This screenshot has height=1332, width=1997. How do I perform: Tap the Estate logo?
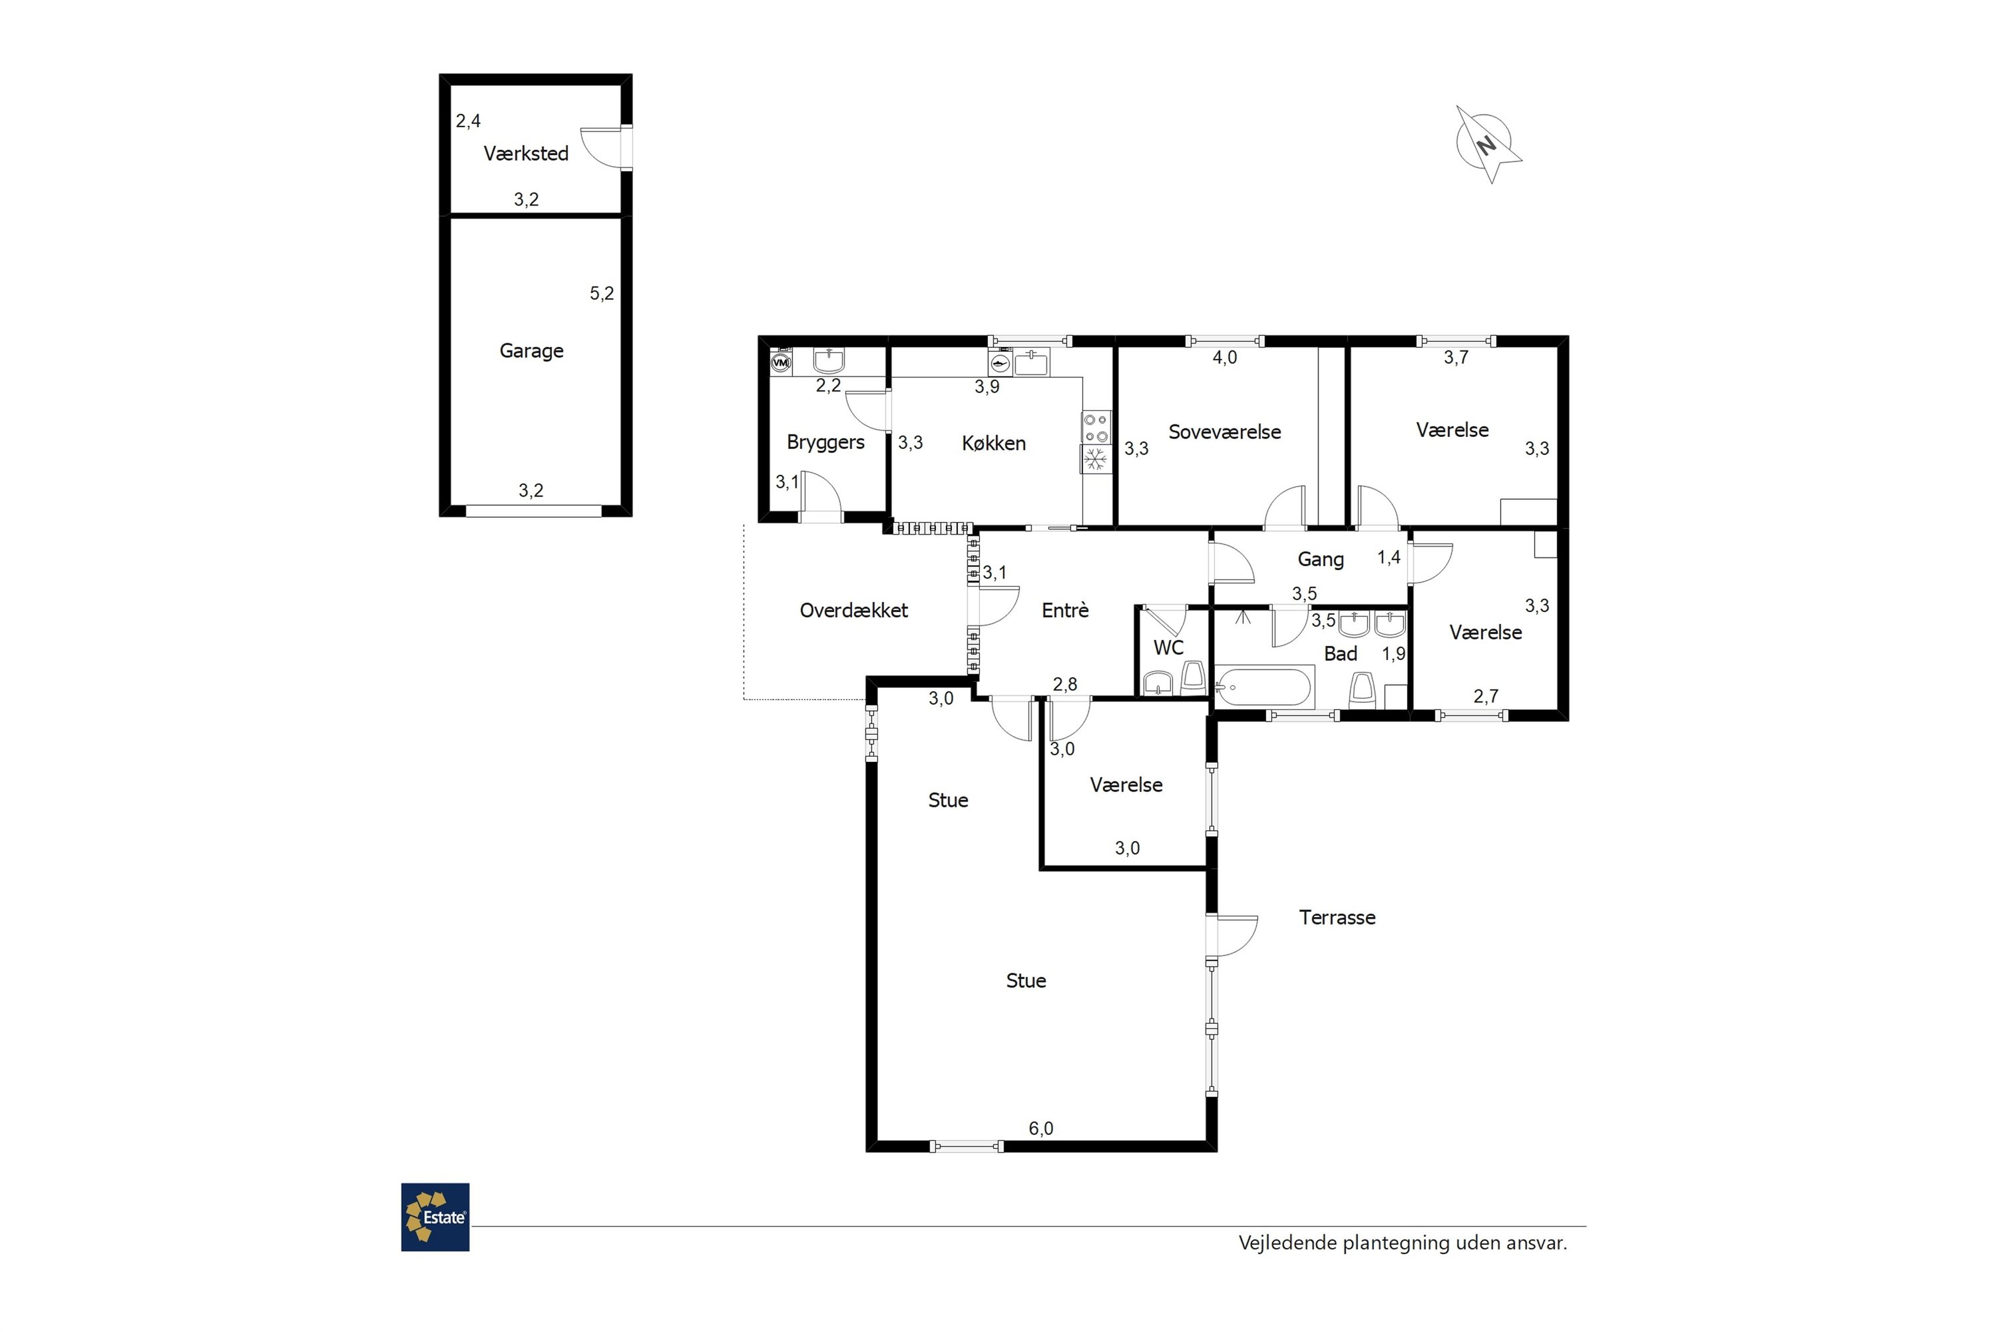tap(435, 1217)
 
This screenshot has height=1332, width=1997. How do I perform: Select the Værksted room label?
tap(526, 154)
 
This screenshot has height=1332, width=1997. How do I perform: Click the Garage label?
tap(531, 351)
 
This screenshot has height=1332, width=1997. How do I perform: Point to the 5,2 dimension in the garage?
tap(602, 294)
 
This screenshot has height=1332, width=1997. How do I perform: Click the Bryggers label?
tap(825, 443)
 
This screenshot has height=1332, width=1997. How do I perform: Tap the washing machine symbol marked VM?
tap(780, 363)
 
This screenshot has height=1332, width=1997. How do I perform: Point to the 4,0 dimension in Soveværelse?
tap(1224, 358)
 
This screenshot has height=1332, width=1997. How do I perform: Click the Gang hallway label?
tap(1320, 560)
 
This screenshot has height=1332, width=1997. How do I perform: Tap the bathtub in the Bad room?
tap(1264, 687)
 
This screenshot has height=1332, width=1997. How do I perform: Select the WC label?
tap(1168, 648)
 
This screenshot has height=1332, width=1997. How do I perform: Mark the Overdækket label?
tap(854, 610)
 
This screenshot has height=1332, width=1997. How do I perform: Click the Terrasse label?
tap(1337, 918)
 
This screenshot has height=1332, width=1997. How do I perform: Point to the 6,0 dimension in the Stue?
tap(1041, 1128)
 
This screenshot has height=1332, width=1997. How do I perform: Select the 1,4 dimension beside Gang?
tap(1389, 557)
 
